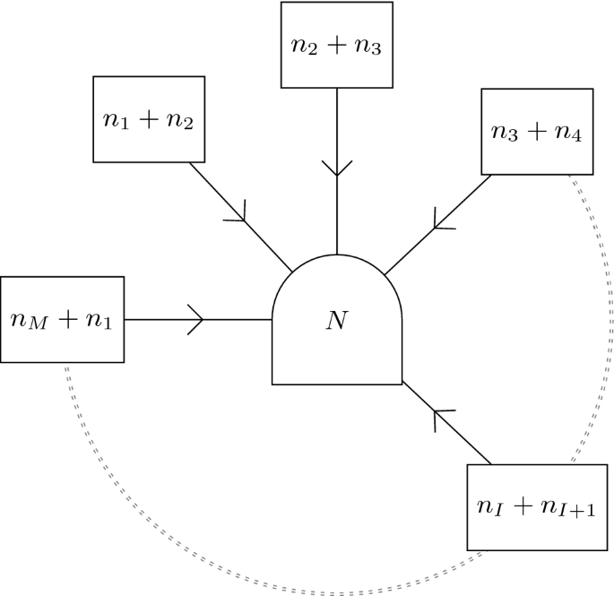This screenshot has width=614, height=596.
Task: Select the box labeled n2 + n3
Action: click(336, 45)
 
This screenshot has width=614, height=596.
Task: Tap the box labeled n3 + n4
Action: click(537, 132)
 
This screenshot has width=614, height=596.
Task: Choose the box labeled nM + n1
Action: click(62, 319)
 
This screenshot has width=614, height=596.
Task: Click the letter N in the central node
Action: click(336, 320)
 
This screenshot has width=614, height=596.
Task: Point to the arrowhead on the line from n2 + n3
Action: click(336, 167)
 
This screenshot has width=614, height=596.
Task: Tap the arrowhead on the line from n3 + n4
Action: click(440, 218)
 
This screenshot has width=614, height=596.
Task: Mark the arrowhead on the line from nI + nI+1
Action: click(440, 416)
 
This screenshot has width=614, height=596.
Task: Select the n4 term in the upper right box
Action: click(567, 134)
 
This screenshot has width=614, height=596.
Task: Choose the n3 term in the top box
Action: click(368, 47)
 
